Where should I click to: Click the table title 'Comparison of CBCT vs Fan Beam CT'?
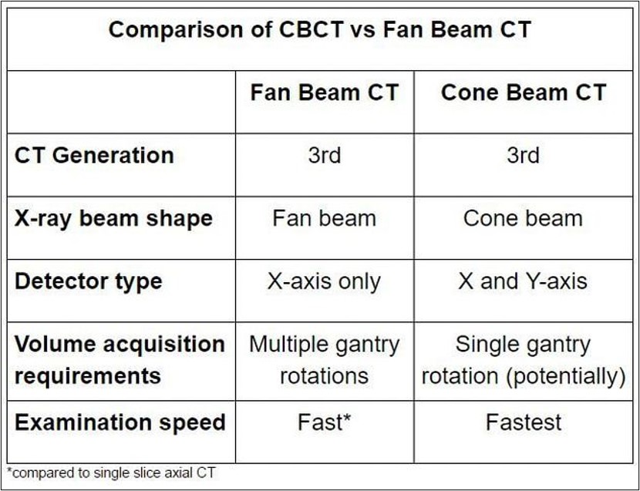tap(319, 30)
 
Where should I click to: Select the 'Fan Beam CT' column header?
tap(325, 92)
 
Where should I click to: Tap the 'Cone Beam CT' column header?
tap(524, 92)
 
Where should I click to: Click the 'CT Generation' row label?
tap(94, 155)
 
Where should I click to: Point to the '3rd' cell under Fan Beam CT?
tap(325, 155)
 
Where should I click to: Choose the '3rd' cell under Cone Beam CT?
tap(524, 155)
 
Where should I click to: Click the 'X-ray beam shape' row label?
tap(113, 218)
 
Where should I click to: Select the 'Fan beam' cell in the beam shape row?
tap(325, 218)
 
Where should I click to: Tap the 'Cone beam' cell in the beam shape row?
tap(524, 218)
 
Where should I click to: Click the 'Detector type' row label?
tap(89, 281)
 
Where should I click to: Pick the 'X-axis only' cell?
tap(325, 281)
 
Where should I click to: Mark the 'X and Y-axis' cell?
tap(524, 281)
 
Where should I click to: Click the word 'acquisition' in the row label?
tap(164, 345)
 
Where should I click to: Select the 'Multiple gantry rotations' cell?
tap(325, 360)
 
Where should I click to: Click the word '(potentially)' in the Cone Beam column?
tap(566, 376)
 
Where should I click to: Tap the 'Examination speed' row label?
tap(120, 422)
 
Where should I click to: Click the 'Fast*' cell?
tap(325, 422)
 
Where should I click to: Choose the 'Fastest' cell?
tap(524, 422)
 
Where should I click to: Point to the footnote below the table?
tap(111, 473)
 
